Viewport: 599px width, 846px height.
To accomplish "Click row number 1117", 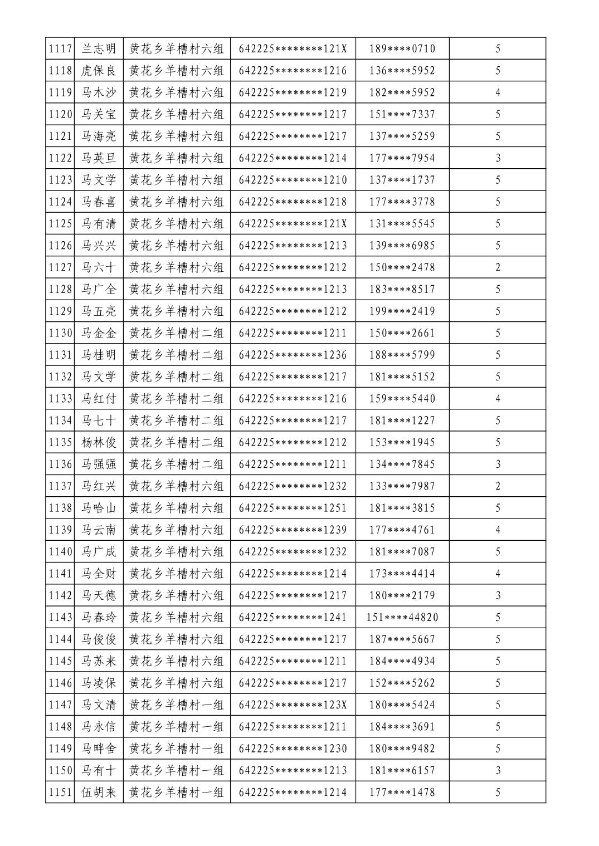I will (60, 48).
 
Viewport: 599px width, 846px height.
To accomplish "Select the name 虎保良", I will (99, 71).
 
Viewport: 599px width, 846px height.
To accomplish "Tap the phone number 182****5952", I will (402, 92).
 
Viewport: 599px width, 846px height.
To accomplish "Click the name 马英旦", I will (99, 158).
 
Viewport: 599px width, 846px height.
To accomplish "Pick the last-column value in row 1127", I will (498, 267).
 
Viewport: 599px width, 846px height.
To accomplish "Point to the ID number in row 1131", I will (293, 355).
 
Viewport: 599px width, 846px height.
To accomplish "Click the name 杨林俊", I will (99, 442).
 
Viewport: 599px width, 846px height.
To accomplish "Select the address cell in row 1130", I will (176, 333).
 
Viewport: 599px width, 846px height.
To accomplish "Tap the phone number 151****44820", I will (402, 617).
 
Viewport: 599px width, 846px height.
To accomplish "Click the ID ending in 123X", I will (293, 705).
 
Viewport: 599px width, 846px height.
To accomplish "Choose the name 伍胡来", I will (99, 792).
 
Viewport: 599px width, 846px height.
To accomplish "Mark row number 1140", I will (60, 551).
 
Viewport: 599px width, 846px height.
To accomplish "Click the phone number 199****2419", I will (402, 311).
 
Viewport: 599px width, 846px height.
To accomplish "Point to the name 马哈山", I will (99, 508).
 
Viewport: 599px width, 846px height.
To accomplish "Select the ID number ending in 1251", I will (293, 508).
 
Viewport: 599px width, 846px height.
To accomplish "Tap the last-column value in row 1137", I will (498, 486).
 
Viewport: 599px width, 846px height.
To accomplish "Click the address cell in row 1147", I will (176, 705).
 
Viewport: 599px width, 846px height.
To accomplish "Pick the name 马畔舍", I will (99, 749).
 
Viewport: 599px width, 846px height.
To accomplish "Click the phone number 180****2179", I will (402, 595).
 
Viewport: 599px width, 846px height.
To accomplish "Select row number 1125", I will (60, 224).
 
